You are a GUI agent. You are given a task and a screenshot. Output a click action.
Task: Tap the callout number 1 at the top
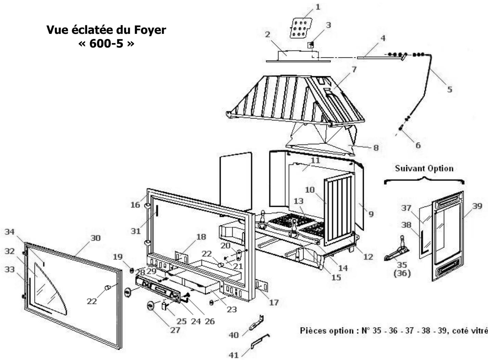click(318, 6)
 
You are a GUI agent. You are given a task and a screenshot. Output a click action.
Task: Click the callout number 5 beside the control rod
click(450, 89)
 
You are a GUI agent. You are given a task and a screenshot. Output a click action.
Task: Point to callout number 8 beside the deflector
click(376, 148)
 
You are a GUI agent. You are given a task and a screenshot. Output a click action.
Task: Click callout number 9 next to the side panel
click(371, 214)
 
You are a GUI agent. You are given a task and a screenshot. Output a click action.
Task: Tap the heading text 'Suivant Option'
click(424, 169)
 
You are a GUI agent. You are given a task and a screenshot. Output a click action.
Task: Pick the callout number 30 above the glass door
click(96, 238)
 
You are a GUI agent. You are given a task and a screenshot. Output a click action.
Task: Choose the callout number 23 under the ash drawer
click(232, 309)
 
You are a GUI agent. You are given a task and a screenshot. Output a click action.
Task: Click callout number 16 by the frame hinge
click(136, 204)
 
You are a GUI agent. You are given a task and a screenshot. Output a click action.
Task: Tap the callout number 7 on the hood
click(354, 69)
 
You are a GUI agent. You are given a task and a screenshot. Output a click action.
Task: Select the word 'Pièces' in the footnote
click(313, 331)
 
